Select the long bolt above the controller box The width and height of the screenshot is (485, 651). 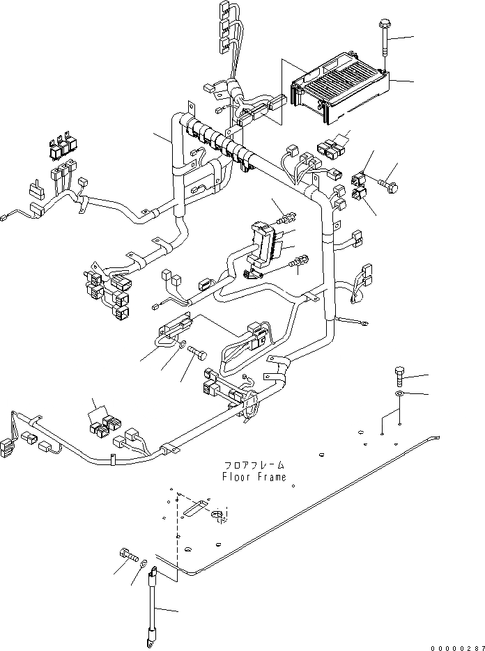pyautogui.click(x=384, y=42)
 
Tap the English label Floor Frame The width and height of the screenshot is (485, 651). pyautogui.click(x=254, y=477)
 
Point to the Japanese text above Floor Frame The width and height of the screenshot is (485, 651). pyautogui.click(x=254, y=465)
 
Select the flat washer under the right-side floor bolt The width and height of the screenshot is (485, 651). pyautogui.click(x=399, y=395)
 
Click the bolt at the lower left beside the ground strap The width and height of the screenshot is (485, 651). pyautogui.click(x=129, y=555)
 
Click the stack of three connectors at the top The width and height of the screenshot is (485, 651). pyautogui.click(x=224, y=27)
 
